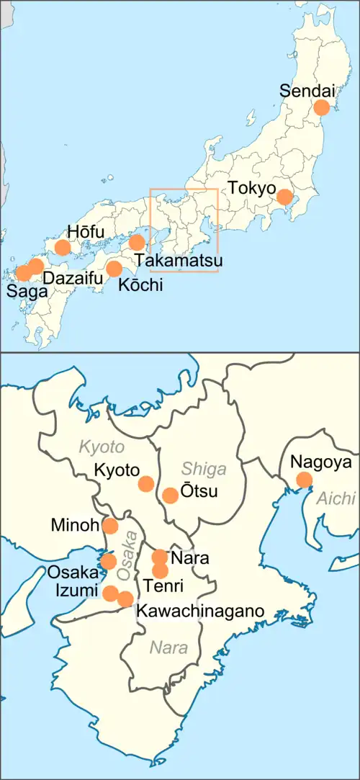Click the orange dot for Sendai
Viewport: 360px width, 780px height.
321,107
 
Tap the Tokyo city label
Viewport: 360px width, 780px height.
252,189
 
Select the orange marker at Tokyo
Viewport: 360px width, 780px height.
285,197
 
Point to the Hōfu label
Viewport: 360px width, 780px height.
86,232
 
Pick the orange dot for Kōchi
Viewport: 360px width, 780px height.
114,269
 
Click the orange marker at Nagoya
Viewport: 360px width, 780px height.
304,480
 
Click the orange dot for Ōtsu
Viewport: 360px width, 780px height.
171,496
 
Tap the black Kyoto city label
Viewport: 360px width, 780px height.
117,470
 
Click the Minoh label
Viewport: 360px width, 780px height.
75,526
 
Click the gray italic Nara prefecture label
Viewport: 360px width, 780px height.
168,647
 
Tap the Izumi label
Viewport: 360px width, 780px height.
74,591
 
